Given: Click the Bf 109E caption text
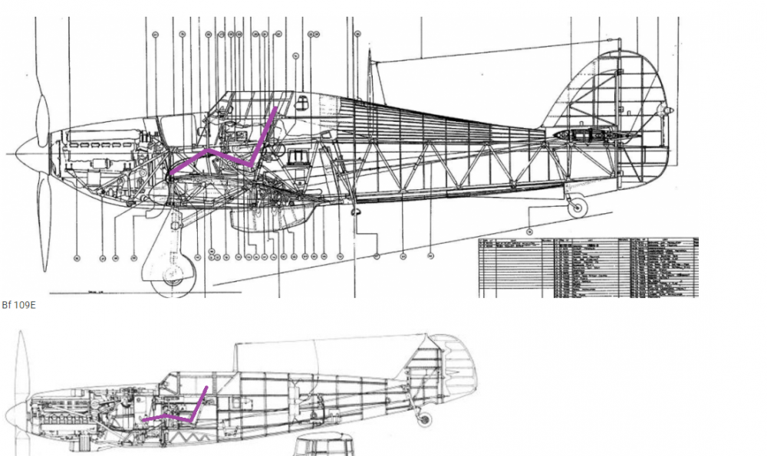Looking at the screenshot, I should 18,305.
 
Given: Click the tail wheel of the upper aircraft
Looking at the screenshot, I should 576,206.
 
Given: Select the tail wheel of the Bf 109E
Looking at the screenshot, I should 423,419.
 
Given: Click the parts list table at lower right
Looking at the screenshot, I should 588,267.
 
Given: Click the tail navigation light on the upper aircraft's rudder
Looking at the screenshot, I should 669,111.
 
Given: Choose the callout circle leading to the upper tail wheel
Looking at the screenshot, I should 529,231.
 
